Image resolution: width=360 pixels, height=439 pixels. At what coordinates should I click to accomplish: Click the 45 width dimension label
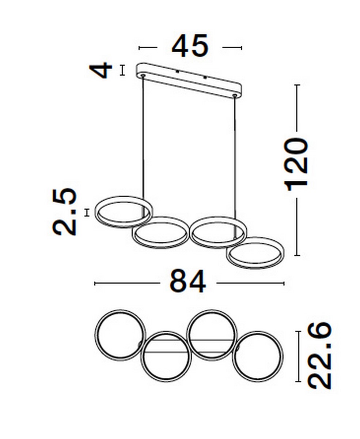190,46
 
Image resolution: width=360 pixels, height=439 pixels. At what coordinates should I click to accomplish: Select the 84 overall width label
188,281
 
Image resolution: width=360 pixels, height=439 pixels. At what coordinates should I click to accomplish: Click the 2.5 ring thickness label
64,211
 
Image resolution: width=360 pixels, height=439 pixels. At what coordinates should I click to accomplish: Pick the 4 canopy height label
101,70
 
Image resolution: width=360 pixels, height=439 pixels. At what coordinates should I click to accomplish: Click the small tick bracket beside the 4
122,70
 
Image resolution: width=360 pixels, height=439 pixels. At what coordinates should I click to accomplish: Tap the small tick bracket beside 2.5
87,213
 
